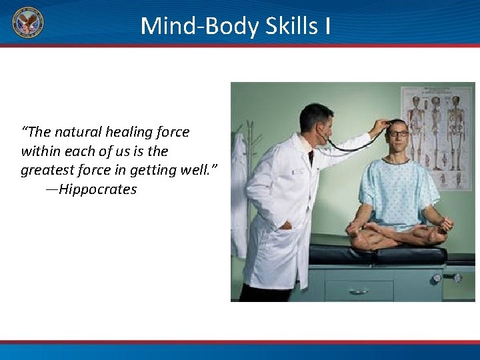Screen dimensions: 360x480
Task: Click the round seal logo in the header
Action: (28, 23)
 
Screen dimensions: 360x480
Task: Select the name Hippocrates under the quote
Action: (97, 189)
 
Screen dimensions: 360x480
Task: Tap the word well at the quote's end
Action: (199, 170)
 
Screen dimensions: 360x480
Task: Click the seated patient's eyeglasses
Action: (398, 134)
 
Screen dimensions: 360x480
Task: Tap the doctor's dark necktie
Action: (311, 157)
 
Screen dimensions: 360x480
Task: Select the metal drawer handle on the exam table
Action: (358, 291)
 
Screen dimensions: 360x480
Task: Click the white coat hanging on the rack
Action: (239, 193)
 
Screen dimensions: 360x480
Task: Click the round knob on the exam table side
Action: (437, 278)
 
